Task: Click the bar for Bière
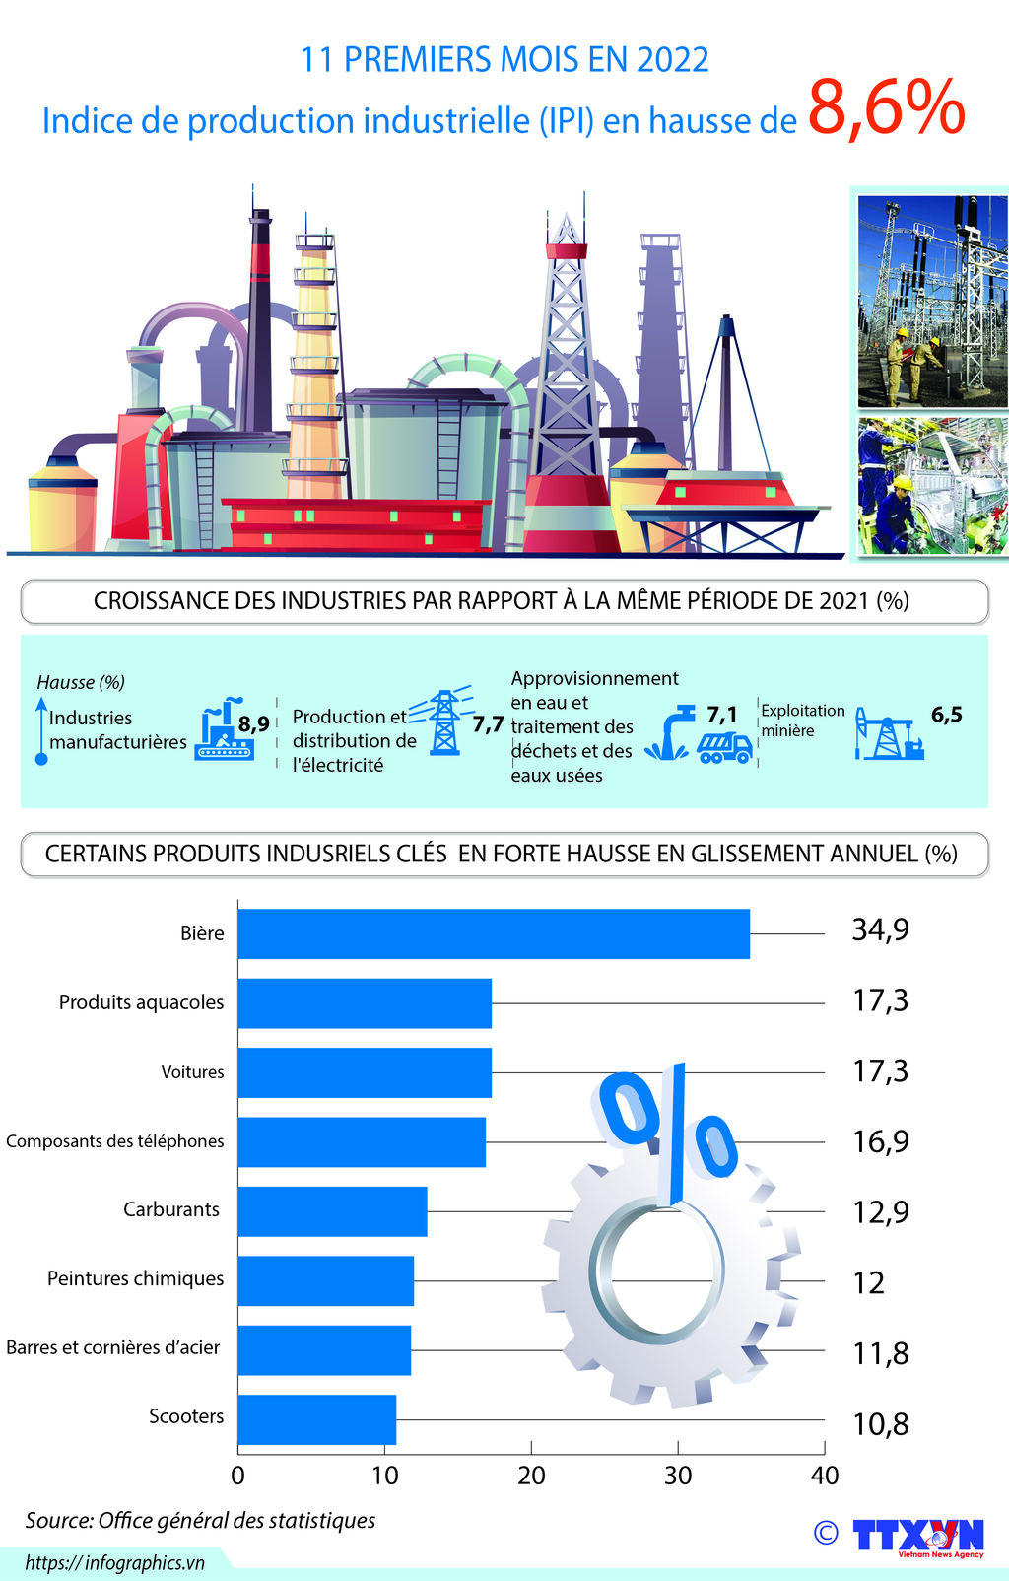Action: (493, 933)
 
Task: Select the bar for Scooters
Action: (316, 1419)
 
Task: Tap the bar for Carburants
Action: (332, 1211)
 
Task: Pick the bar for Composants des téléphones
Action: (361, 1141)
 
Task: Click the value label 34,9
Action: (880, 929)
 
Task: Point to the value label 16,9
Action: (880, 1141)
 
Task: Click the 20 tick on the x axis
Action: (531, 1476)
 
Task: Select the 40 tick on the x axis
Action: (824, 1476)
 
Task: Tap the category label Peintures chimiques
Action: (135, 1278)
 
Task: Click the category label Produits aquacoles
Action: (141, 1002)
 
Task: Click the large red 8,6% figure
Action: (886, 108)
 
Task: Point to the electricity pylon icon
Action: (444, 722)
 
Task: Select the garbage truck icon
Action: (724, 747)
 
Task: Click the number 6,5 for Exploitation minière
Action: (946, 715)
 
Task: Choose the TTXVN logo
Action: (917, 1536)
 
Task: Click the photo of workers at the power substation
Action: (931, 300)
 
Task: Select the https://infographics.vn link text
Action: (114, 1562)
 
